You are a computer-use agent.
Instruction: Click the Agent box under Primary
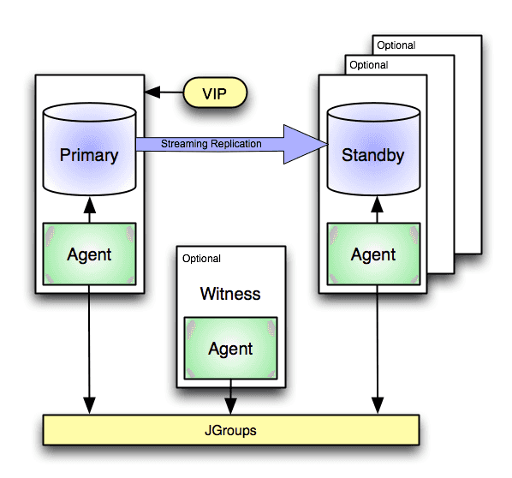point(89,254)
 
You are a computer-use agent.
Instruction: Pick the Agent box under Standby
point(372,254)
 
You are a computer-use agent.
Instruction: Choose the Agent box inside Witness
point(230,349)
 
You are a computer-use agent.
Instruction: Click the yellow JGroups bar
point(231,430)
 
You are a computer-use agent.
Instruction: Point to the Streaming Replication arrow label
point(211,144)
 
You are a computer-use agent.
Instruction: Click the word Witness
point(230,294)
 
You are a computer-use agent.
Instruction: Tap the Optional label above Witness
point(202,259)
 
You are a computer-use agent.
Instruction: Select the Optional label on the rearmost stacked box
point(396,45)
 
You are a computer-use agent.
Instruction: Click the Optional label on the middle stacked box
point(368,65)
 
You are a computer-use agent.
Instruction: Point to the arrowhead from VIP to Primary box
point(152,92)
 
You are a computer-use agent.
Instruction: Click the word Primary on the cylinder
point(89,156)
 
